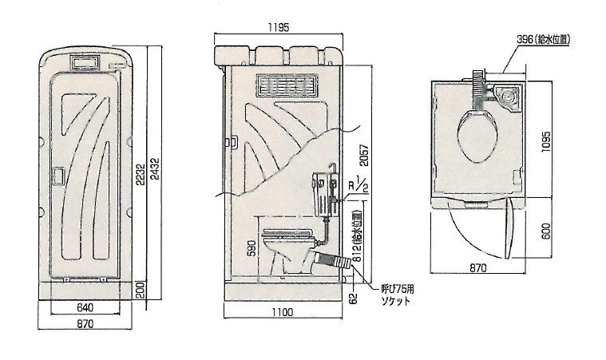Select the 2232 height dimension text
tap(141, 173)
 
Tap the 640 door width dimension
tap(85, 307)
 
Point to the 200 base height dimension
tap(141, 290)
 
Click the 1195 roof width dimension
tap(279, 27)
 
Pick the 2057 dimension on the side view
tap(364, 156)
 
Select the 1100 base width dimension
tap(283, 312)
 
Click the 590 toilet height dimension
tap(252, 248)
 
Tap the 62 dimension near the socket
tap(353, 299)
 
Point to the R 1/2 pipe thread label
tap(358, 184)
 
